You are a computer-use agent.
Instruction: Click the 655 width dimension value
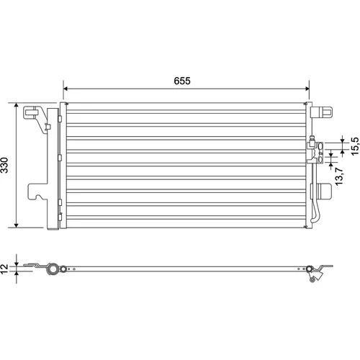click(x=182, y=81)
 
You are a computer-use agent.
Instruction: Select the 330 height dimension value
click(x=5, y=165)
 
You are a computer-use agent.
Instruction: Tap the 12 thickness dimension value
click(x=4, y=269)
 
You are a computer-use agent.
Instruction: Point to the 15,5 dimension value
click(x=355, y=146)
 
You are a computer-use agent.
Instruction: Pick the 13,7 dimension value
click(x=339, y=176)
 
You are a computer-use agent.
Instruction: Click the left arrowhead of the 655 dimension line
click(x=66, y=89)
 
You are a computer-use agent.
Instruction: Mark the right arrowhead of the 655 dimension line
click(x=307, y=89)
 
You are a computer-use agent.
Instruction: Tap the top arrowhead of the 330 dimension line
click(x=16, y=105)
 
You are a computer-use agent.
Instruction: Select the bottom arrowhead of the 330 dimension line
click(x=16, y=225)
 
